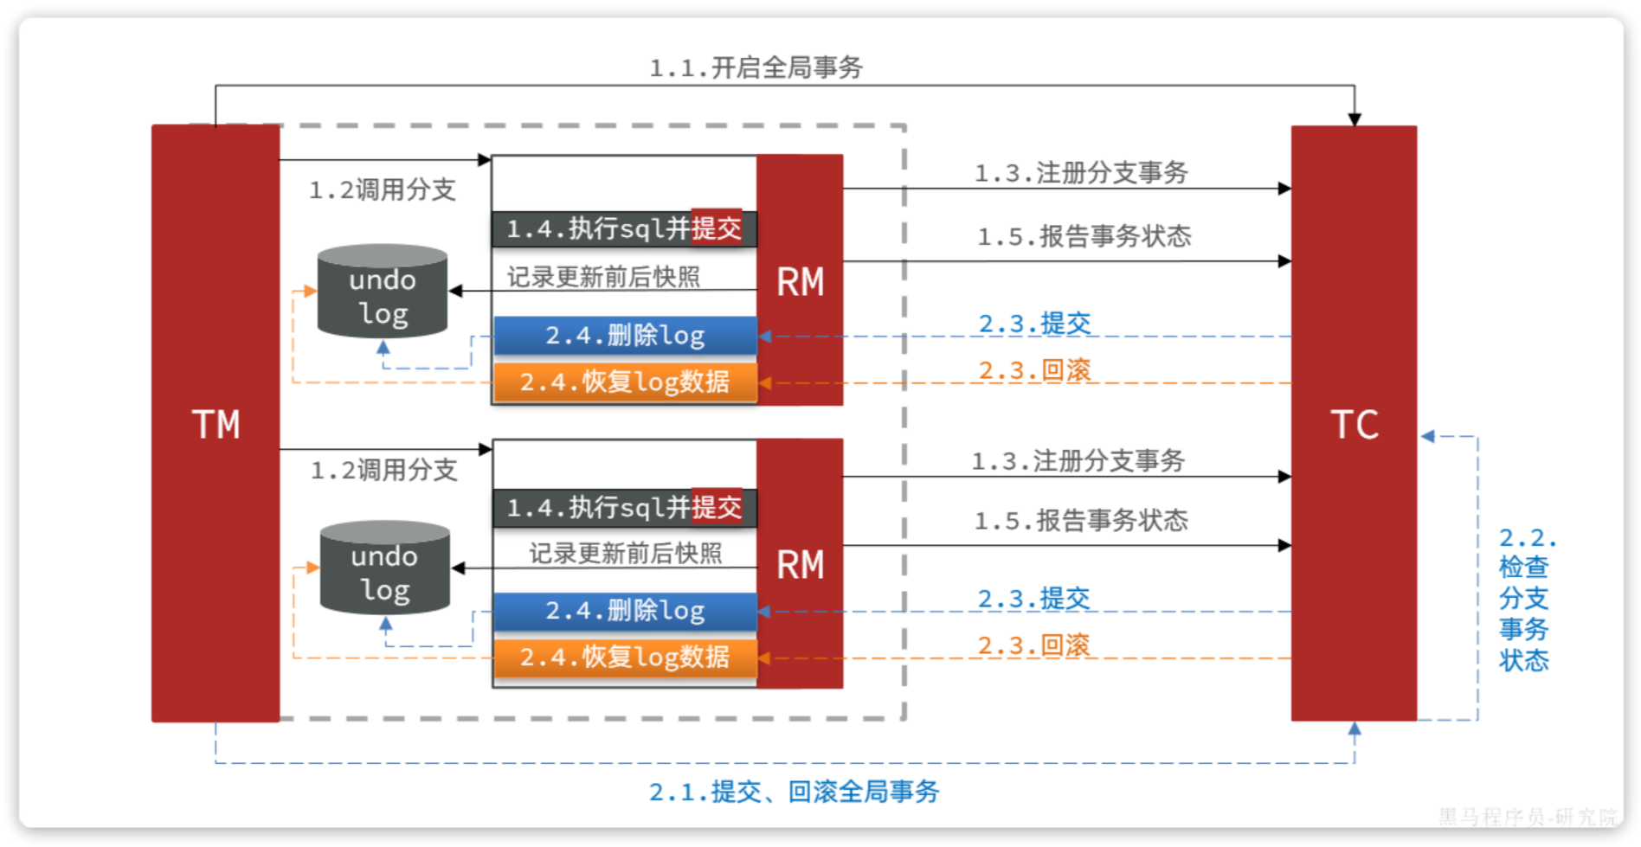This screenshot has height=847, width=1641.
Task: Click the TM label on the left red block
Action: (x=216, y=424)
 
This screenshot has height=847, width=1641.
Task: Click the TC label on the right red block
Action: (x=1354, y=424)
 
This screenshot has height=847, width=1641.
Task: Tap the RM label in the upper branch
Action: (x=800, y=282)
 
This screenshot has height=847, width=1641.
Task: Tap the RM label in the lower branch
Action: (x=800, y=566)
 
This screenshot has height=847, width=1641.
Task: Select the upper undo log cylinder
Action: (x=383, y=292)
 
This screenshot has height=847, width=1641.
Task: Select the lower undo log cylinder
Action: (x=385, y=568)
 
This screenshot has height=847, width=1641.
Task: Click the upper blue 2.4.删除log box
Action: (x=625, y=336)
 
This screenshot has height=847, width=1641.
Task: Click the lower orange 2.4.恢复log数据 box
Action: (x=625, y=658)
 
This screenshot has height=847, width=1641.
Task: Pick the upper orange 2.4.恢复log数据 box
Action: (x=625, y=382)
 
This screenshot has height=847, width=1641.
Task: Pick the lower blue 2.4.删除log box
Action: (x=625, y=611)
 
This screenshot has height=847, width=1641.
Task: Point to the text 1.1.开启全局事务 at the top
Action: (x=756, y=67)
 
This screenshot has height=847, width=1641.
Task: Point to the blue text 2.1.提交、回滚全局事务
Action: (x=794, y=791)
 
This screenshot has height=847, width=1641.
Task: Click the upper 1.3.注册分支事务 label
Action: (x=1081, y=173)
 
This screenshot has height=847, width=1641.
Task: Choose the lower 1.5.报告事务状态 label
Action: (x=1081, y=520)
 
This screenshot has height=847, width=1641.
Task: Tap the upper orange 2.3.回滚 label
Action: (x=1034, y=370)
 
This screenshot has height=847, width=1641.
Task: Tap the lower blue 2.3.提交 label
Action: (x=1033, y=598)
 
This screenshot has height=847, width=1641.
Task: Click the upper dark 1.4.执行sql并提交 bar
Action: (x=623, y=228)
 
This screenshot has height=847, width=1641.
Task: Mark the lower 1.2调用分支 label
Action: (x=383, y=470)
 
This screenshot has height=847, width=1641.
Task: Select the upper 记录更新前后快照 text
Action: (x=603, y=277)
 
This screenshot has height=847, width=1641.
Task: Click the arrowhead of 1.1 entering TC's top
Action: (x=1355, y=119)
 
